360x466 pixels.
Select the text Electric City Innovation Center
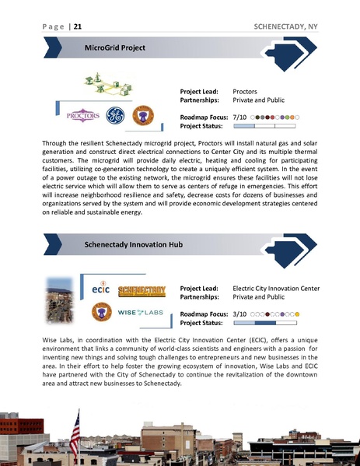click(x=276, y=288)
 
